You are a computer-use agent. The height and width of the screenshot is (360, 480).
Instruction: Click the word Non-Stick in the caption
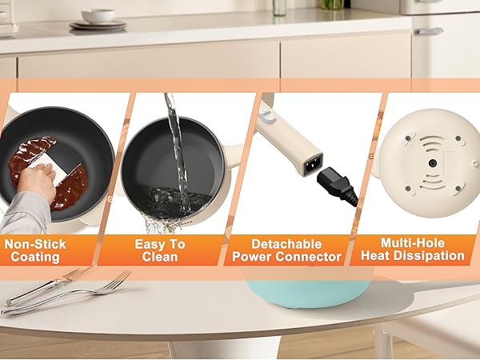click(x=35, y=242)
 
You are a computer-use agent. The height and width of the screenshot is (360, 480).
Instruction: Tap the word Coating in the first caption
click(x=35, y=257)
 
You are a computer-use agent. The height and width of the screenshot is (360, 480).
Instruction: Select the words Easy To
click(x=159, y=242)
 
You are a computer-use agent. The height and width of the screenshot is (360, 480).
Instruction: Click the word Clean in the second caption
click(x=159, y=257)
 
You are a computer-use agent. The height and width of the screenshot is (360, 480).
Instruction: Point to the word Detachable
click(x=286, y=242)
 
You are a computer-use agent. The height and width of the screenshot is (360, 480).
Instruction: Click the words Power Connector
click(x=286, y=257)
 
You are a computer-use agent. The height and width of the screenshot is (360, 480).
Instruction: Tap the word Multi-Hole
click(x=413, y=242)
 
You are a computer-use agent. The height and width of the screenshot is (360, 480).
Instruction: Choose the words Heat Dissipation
click(x=413, y=257)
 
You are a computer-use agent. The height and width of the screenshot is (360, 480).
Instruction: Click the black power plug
click(x=337, y=186)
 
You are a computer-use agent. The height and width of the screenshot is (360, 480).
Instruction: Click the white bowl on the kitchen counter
click(x=98, y=16)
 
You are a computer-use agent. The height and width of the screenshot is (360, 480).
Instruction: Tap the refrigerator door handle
click(x=429, y=31)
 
